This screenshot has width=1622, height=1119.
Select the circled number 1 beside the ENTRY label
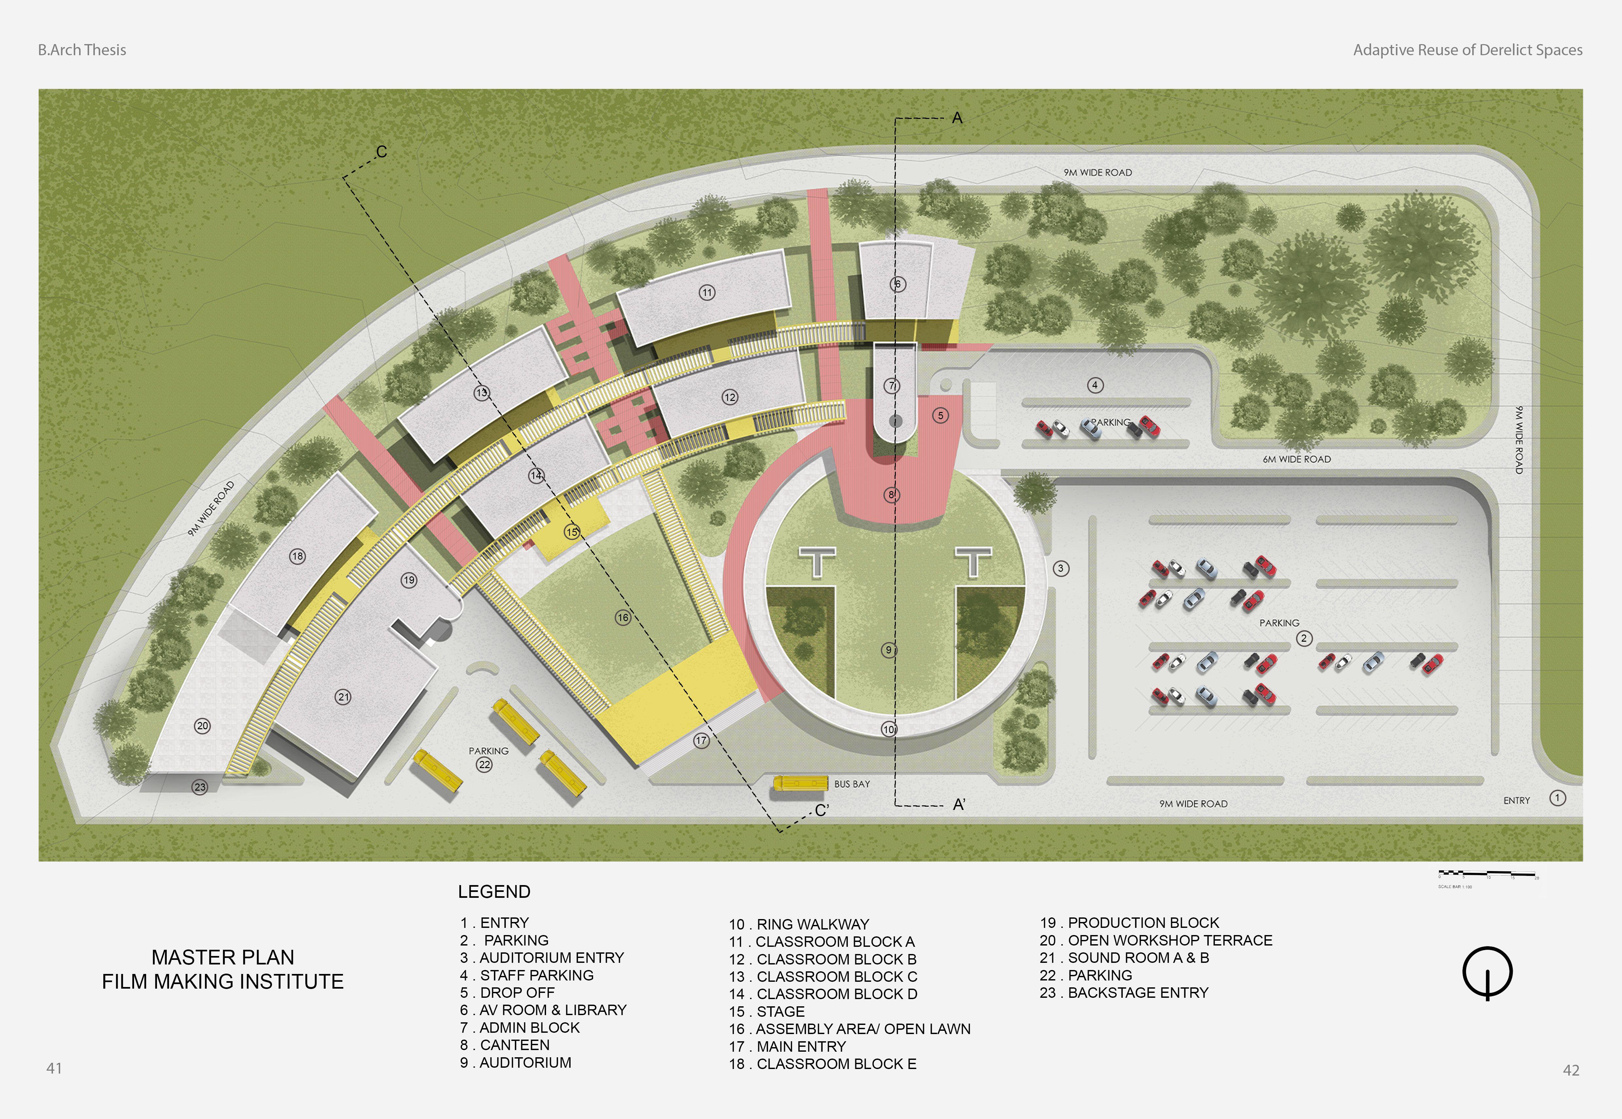tap(1558, 798)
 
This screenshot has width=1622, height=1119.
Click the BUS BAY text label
tap(852, 784)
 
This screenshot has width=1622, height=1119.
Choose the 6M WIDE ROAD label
tap(1296, 459)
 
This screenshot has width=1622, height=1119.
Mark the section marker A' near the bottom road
tap(959, 805)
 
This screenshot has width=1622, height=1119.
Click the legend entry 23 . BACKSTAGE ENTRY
tap(1124, 993)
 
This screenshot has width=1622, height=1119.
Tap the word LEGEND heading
tap(494, 892)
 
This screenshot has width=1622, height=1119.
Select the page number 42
tap(1571, 1070)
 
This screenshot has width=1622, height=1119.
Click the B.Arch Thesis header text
tap(82, 50)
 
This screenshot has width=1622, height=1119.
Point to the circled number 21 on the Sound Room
tap(343, 697)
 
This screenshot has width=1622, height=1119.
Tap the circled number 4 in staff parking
tap(1095, 385)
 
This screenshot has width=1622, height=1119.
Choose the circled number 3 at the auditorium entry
tap(1061, 568)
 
